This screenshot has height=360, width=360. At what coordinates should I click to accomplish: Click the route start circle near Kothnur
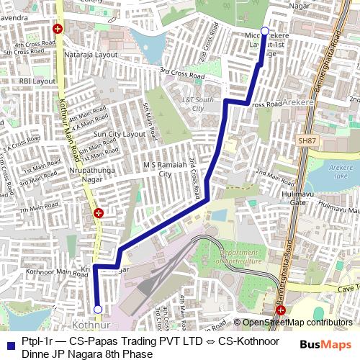(x=98, y=310)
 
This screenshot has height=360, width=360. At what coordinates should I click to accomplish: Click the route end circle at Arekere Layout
(x=264, y=31)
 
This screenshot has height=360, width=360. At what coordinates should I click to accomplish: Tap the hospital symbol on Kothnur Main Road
(x=99, y=212)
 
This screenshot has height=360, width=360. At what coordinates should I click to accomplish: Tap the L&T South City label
(x=199, y=103)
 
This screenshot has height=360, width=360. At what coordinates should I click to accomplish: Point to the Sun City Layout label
(x=120, y=134)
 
